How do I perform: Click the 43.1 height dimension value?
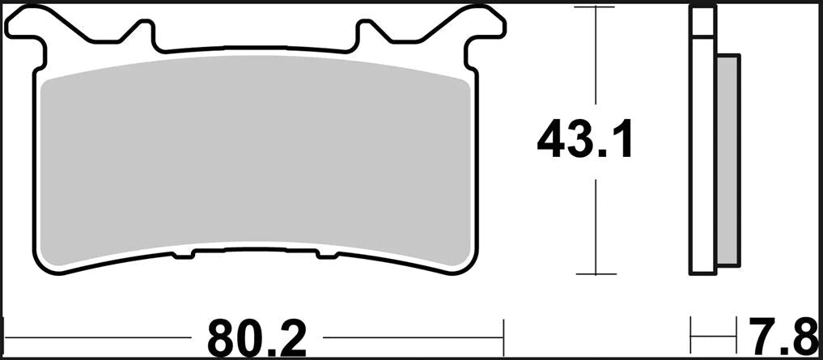pos(585,138)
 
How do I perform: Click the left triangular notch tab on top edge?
pos(140,32)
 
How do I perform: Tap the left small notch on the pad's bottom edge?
pos(183,255)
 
